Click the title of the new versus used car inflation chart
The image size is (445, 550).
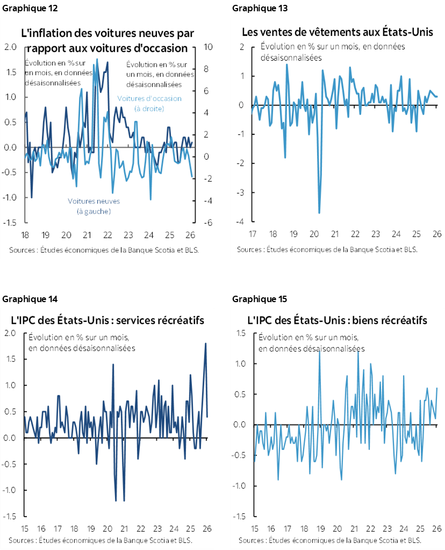(x=107, y=41)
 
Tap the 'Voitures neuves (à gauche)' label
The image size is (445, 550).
(x=94, y=206)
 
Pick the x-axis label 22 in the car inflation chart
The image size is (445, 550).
(x=107, y=235)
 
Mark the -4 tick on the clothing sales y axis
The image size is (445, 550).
(x=242, y=222)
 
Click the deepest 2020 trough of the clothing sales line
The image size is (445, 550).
(x=319, y=213)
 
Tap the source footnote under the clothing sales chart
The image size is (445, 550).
(x=327, y=249)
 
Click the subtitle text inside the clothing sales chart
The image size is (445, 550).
(x=332, y=52)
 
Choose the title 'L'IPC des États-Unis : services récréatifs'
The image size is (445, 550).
(x=107, y=320)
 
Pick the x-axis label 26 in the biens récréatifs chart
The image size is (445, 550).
(x=437, y=529)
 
